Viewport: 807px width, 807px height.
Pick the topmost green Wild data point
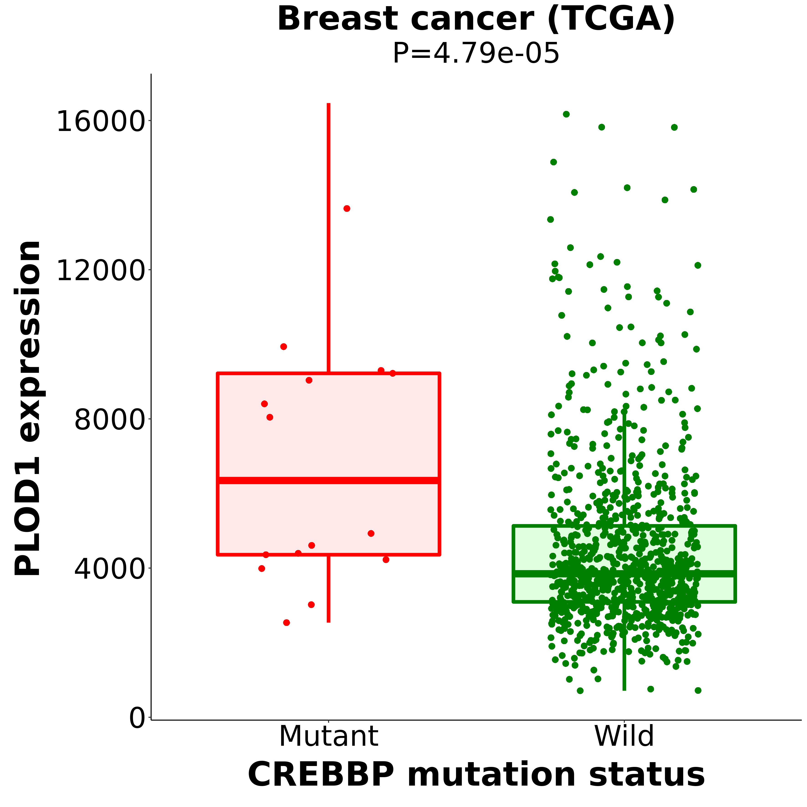[x=566, y=114]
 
